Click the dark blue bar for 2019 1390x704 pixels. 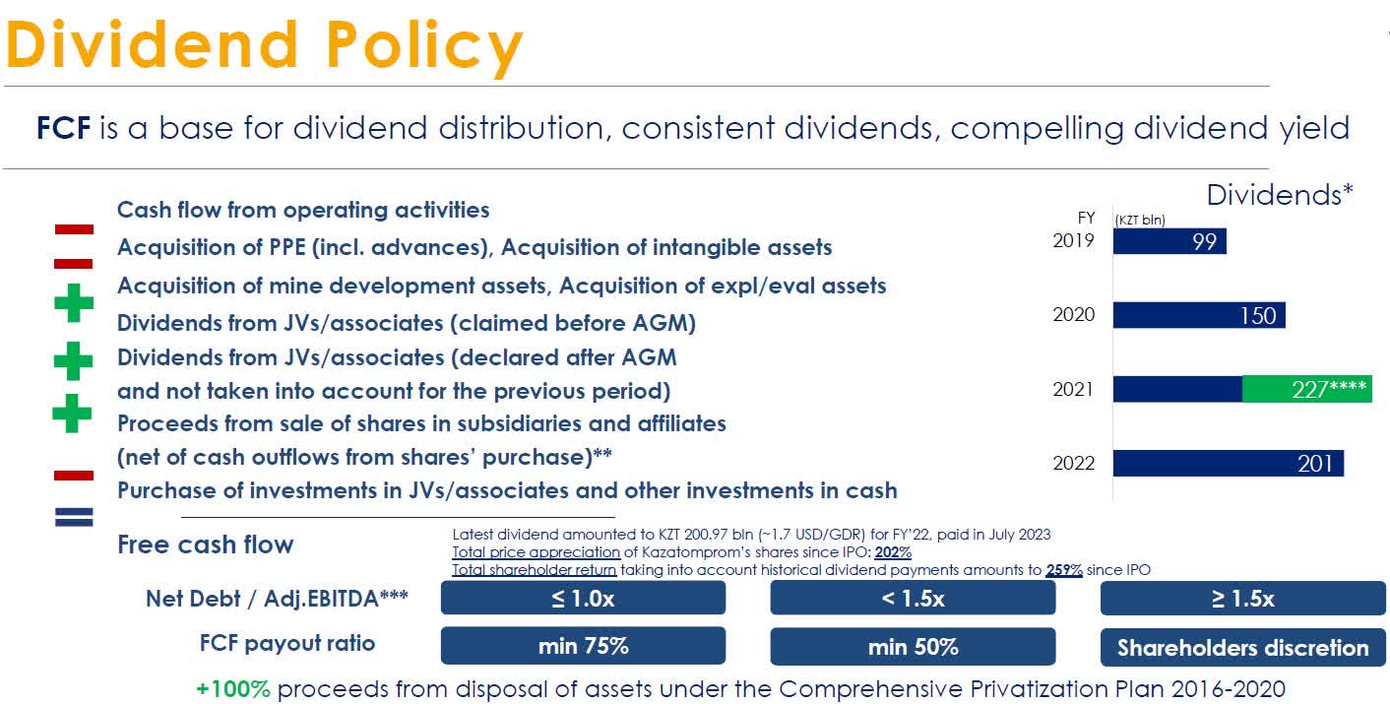pos(1169,241)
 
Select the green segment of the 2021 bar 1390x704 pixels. pos(1307,389)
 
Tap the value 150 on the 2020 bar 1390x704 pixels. pos(1258,315)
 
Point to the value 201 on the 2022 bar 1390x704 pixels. pos(1314,463)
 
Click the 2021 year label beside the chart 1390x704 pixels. pos(1073,389)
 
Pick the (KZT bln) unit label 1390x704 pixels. pos(1139,221)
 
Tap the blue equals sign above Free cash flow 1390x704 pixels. pos(74,517)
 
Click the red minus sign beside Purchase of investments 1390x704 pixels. pos(74,475)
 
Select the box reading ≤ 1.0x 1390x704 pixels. pos(583,598)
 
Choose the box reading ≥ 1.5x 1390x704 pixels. pos(1242,598)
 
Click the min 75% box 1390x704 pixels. pos(583,646)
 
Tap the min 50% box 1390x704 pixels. pos(913,646)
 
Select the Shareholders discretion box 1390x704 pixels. pos(1242,647)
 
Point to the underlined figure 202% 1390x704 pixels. pos(892,552)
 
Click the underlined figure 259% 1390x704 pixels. pos(1064,569)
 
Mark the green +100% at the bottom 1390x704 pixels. pos(233,688)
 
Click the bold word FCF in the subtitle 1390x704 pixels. pos(64,128)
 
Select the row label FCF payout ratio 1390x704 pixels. pos(287,644)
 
